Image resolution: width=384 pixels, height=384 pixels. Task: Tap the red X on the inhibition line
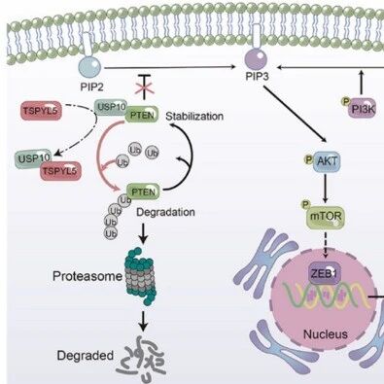(x=146, y=87)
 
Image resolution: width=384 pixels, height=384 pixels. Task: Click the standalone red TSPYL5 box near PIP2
(x=41, y=111)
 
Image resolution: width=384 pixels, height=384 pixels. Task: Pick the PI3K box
(x=364, y=109)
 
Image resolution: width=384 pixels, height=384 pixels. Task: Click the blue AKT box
(x=327, y=161)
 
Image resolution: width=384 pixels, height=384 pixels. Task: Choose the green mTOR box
(x=326, y=218)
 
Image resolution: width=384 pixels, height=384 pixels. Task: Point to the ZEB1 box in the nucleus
(x=324, y=274)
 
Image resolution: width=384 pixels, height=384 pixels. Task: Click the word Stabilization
(x=194, y=116)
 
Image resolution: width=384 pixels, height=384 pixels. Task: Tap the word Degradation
(x=165, y=212)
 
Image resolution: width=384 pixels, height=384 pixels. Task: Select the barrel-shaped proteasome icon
(x=140, y=276)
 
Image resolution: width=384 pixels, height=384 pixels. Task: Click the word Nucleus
(x=325, y=334)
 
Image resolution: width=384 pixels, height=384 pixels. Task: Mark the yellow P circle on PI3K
(x=345, y=101)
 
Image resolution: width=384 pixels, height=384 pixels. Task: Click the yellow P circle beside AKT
(x=308, y=158)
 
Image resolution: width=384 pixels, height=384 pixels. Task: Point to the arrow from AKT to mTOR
(x=326, y=188)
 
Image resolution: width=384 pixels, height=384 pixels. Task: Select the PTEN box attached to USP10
(x=142, y=114)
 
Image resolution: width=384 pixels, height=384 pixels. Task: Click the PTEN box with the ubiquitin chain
(x=144, y=192)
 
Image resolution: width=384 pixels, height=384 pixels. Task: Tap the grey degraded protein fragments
(x=142, y=357)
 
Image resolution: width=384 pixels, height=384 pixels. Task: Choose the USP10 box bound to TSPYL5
(x=34, y=158)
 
